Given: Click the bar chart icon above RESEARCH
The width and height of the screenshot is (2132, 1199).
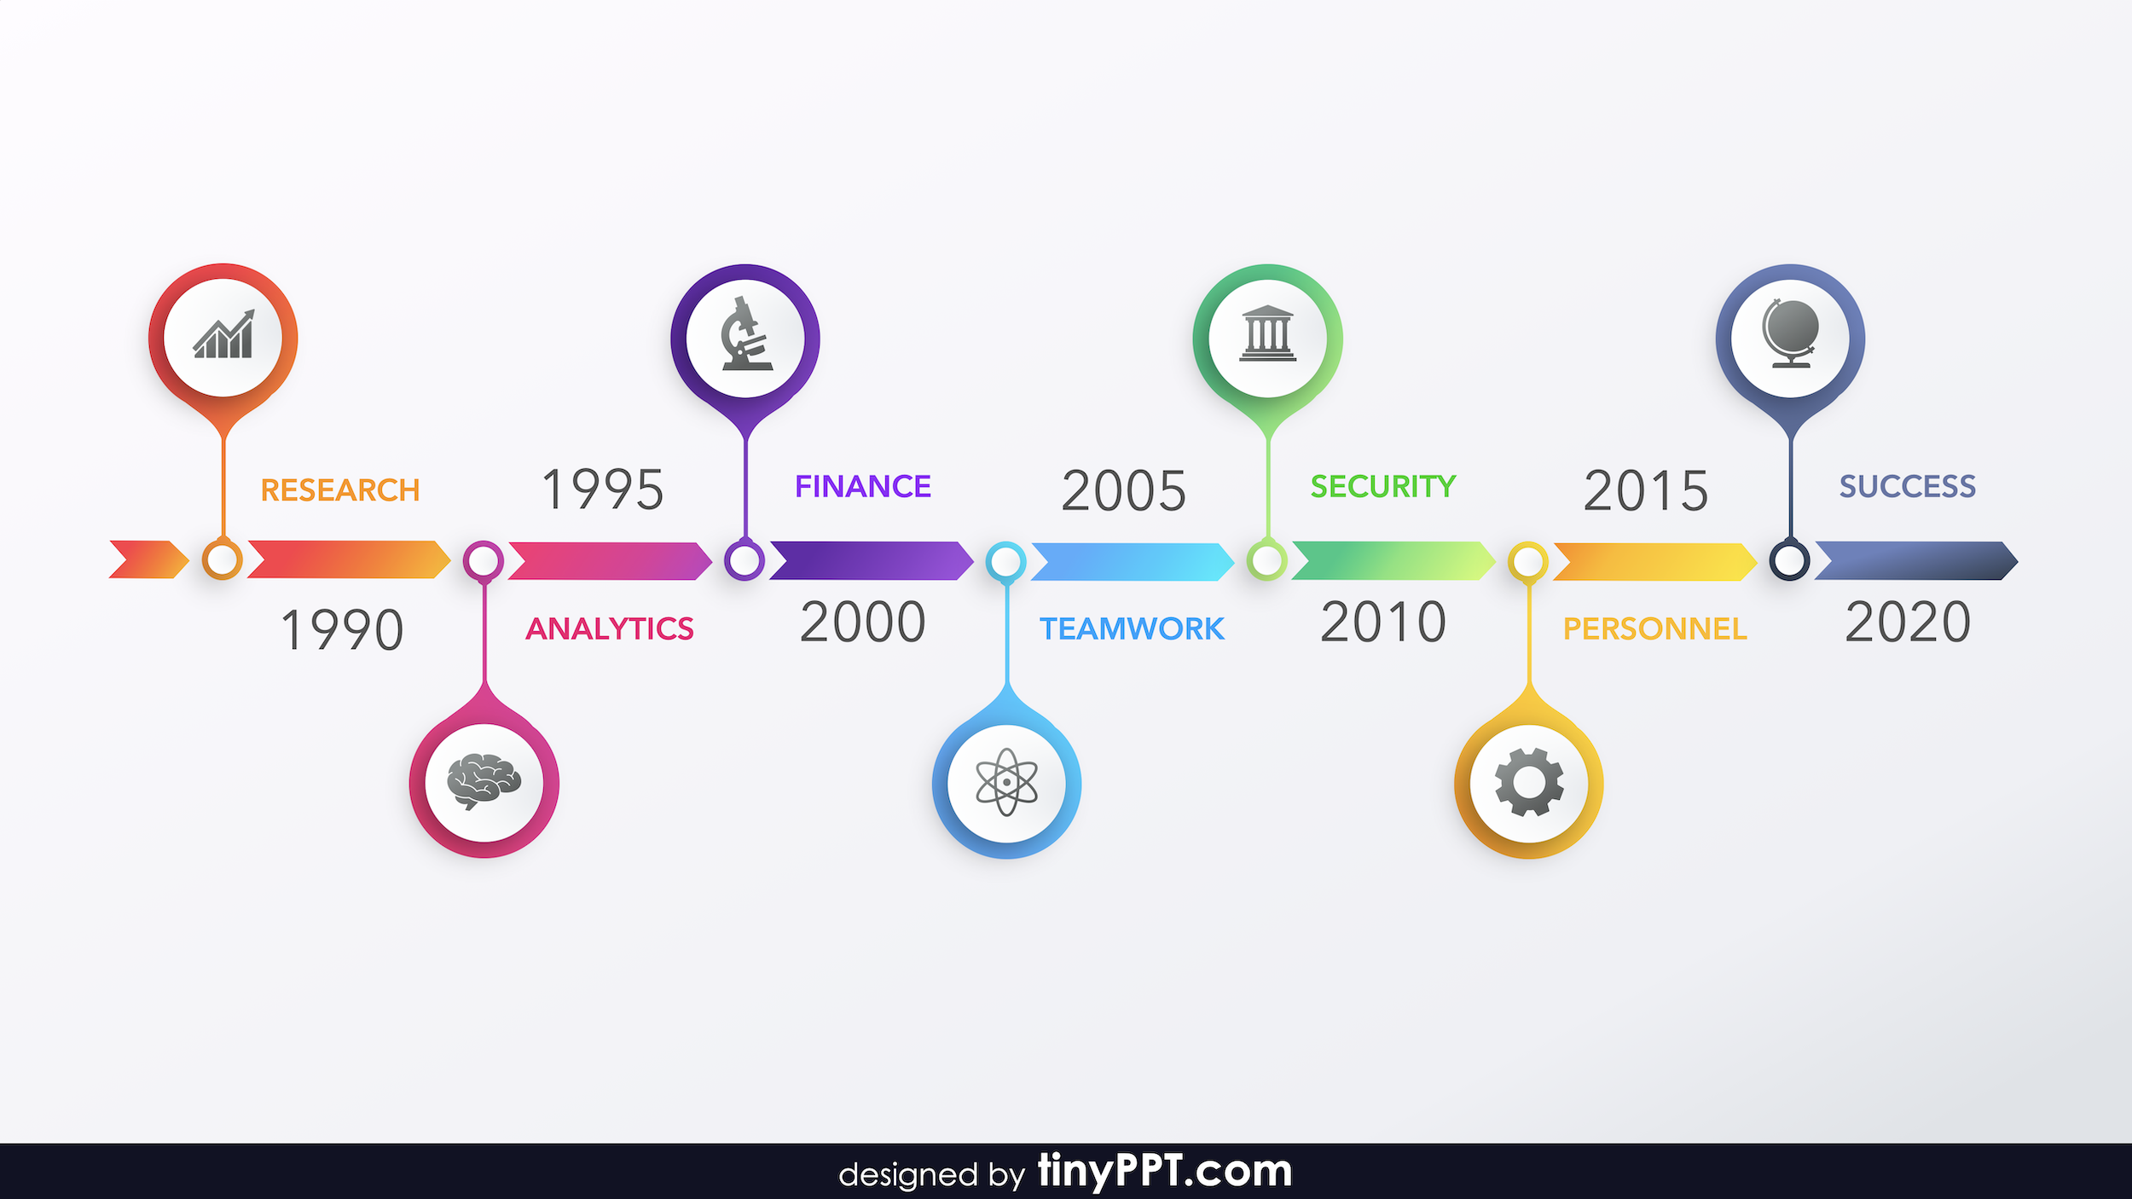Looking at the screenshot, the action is click(x=223, y=334).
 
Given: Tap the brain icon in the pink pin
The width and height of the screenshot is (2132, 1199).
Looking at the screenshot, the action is click(x=484, y=781).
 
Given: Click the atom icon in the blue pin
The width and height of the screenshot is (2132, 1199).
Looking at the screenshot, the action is click(x=1006, y=782).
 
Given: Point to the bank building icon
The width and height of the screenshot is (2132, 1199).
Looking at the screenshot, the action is click(x=1267, y=333).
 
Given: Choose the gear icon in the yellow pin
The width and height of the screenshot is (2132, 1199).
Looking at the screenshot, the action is click(x=1529, y=782).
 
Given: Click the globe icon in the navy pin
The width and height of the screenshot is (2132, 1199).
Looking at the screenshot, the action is click(x=1790, y=333).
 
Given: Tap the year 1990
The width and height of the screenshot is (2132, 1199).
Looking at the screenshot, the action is click(x=342, y=630).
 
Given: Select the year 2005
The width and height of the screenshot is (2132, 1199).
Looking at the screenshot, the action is click(x=1124, y=490).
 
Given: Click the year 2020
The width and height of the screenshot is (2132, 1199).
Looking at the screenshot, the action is click(x=1908, y=622).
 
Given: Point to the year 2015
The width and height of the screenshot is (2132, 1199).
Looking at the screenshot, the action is click(x=1646, y=490).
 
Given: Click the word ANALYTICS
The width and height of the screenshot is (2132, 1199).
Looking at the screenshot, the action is click(x=610, y=628).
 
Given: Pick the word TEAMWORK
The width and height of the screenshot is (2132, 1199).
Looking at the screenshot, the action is click(x=1132, y=628).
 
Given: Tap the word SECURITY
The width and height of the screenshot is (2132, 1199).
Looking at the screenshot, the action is click(x=1383, y=486).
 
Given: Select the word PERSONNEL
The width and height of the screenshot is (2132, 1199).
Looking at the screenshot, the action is click(x=1654, y=628).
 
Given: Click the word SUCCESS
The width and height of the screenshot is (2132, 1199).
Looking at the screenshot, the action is click(x=1907, y=486).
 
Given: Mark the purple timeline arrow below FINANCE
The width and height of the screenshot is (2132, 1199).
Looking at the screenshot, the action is click(x=871, y=560).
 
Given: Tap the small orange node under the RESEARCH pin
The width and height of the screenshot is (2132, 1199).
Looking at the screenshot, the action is click(x=222, y=560).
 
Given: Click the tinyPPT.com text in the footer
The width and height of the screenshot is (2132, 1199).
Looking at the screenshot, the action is click(x=1164, y=1171).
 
